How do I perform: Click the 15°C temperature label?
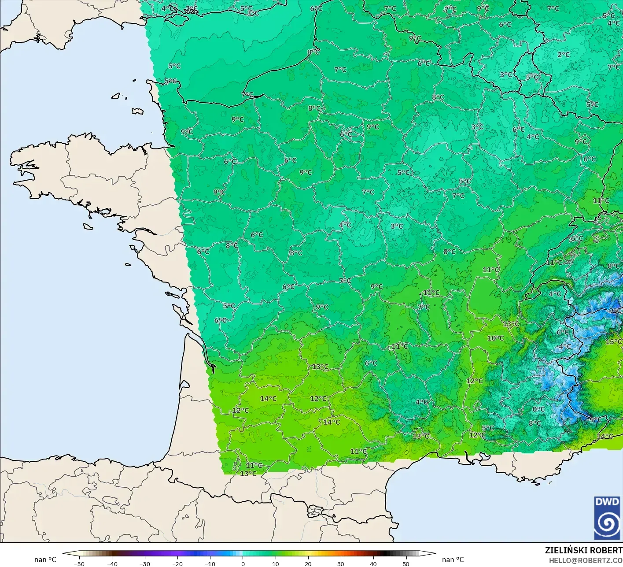(613, 342)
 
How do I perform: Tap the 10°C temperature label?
(495, 338)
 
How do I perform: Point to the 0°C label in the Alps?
(538, 409)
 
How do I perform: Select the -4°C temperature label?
(563, 347)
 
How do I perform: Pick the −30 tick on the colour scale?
(144, 564)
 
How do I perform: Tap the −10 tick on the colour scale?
(210, 564)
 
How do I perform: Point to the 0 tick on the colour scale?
(243, 564)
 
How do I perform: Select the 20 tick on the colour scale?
(308, 564)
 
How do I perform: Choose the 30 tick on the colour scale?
(341, 564)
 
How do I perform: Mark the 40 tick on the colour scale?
(373, 564)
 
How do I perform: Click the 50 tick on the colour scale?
(406, 564)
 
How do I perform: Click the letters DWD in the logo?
(607, 502)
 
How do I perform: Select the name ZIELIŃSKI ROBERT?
(583, 550)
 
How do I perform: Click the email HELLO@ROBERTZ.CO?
(586, 560)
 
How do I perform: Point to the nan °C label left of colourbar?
(45, 560)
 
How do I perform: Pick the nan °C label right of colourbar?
(453, 560)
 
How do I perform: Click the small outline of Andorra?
(314, 512)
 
